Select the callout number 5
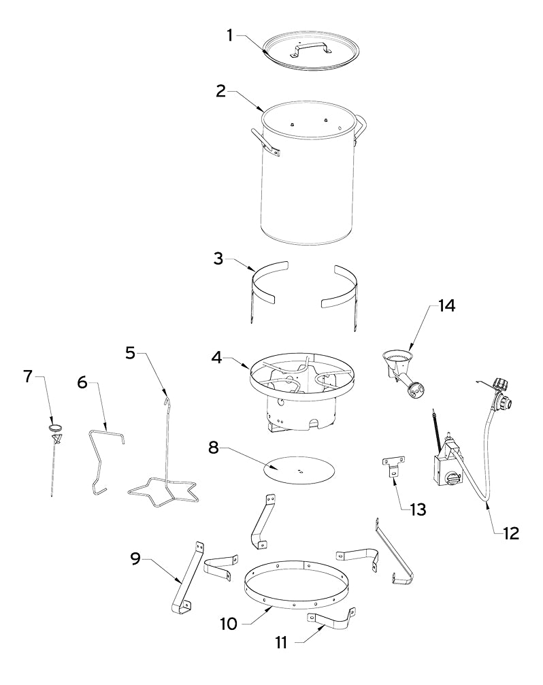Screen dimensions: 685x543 (131, 352)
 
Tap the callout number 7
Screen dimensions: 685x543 (28, 375)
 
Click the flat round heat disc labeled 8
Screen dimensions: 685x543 (299, 470)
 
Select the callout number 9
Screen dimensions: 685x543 (137, 558)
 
